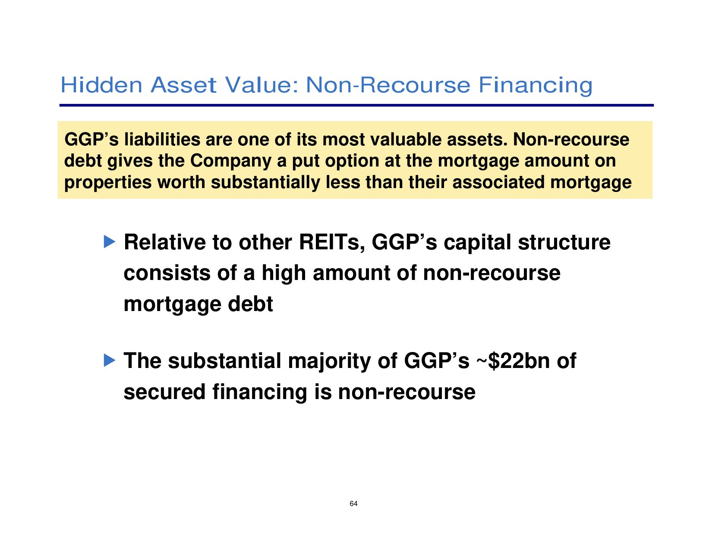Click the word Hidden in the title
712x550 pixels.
(101, 85)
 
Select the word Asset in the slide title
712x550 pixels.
(183, 85)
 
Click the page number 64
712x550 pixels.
(353, 504)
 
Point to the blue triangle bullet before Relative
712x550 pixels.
(110, 242)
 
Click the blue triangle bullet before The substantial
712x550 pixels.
(110, 360)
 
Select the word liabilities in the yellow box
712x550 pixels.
(162, 139)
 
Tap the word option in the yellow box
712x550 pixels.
(350, 161)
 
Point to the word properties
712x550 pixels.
(108, 183)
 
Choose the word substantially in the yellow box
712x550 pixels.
(265, 183)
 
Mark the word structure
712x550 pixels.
(564, 242)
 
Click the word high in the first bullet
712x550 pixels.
(284, 273)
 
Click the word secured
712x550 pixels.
(164, 392)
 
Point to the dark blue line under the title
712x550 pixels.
(356, 106)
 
